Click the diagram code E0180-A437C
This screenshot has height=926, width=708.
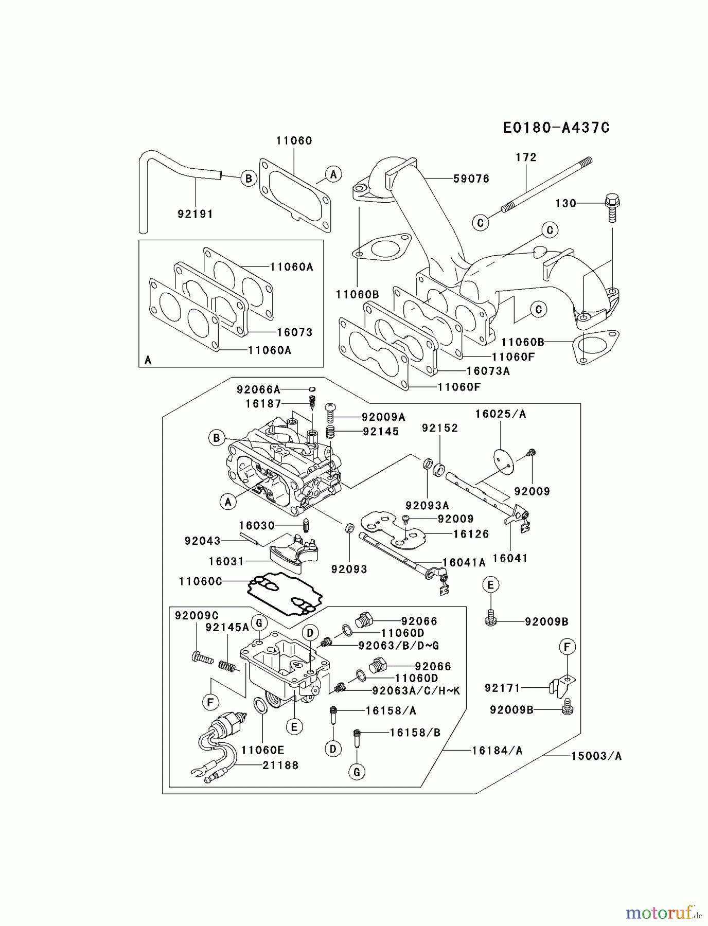(556, 128)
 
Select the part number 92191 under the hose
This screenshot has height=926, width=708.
(195, 214)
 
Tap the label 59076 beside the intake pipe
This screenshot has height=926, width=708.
(471, 179)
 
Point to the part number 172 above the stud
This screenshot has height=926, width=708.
(526, 157)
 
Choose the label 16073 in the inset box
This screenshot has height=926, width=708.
(294, 332)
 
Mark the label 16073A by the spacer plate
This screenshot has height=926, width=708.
(488, 371)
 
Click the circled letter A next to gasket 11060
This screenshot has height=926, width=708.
(333, 174)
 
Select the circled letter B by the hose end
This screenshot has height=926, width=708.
(249, 179)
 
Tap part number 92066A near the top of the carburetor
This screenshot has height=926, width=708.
(258, 389)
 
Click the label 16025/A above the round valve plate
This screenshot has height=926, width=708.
(500, 414)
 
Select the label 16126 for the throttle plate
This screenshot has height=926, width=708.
(471, 534)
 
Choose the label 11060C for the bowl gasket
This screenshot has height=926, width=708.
(201, 581)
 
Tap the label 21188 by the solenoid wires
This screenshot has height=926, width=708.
(280, 765)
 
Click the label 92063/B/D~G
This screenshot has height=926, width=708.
(399, 645)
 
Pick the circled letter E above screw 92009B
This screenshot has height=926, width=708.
(490, 585)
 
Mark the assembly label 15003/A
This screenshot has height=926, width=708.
(596, 756)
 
